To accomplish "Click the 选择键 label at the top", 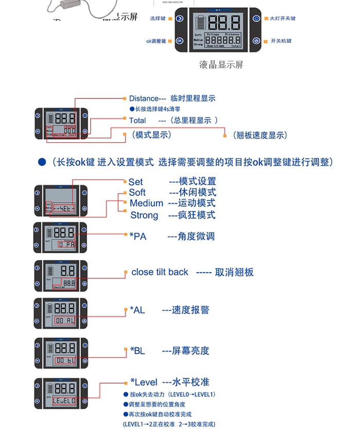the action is (x=158, y=19).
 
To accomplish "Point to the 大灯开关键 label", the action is (x=283, y=19).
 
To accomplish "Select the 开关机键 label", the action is (x=281, y=41).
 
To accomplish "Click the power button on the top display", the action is (x=256, y=41).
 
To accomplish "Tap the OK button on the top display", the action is (x=179, y=41).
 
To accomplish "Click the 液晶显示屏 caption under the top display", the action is (x=221, y=65).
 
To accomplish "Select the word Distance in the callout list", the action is (x=144, y=98).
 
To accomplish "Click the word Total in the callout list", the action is (x=138, y=120).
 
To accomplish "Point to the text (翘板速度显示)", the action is (x=260, y=135).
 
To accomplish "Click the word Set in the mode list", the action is (x=135, y=181).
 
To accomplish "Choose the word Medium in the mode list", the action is (x=146, y=203).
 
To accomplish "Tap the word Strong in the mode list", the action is (x=144, y=215).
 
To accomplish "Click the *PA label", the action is (x=138, y=236).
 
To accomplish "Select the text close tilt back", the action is (x=160, y=272).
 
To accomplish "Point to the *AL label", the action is (x=138, y=310).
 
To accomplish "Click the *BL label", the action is (x=138, y=351).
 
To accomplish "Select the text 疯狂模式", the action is (x=197, y=215).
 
